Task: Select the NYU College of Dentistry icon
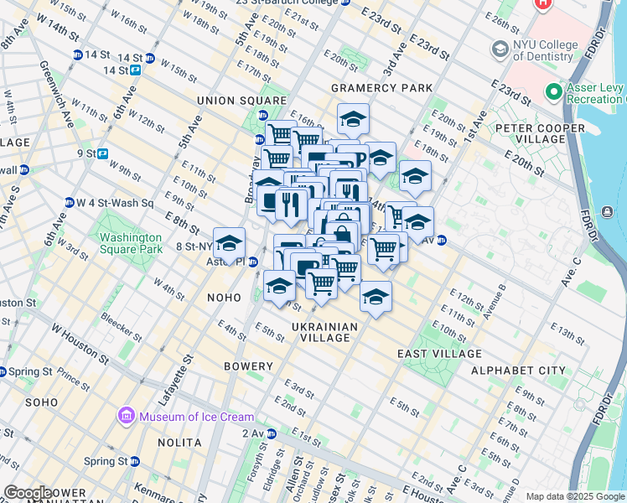500,50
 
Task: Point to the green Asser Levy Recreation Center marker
552,90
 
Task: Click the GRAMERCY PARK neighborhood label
381,88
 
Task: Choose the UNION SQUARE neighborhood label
230,101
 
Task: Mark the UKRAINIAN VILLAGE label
325,332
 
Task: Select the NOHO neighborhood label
224,298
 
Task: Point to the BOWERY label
248,366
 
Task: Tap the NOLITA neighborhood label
179,442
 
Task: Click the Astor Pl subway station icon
252,262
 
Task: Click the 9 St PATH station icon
102,153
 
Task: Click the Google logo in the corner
27,493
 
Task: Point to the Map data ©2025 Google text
575,496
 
